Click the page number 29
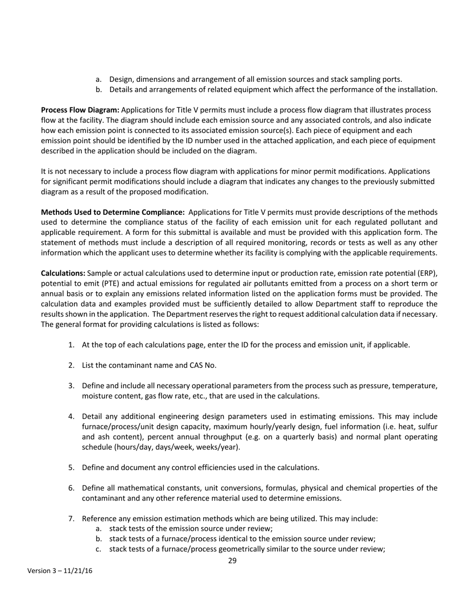pyautogui.click(x=232, y=561)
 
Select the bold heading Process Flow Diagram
pyautogui.click(x=80, y=110)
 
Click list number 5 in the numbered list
pyautogui.click(x=71, y=467)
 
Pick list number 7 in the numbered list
pyautogui.click(x=71, y=519)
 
